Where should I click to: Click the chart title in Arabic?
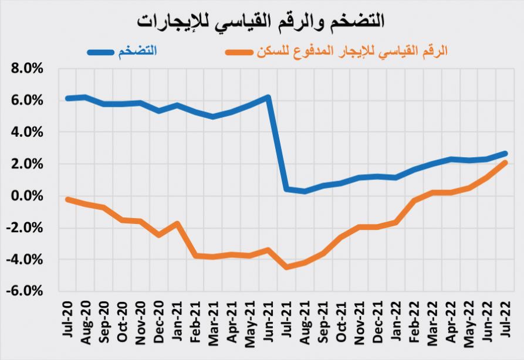click(261, 20)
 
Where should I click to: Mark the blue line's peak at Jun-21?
click(268, 97)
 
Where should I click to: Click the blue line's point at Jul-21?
click(286, 189)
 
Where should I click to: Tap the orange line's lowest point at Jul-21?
click(286, 267)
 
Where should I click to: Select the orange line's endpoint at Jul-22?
click(505, 162)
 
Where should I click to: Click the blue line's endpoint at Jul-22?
click(505, 154)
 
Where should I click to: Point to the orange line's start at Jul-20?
click(67, 199)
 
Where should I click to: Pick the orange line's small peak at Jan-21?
click(177, 223)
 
